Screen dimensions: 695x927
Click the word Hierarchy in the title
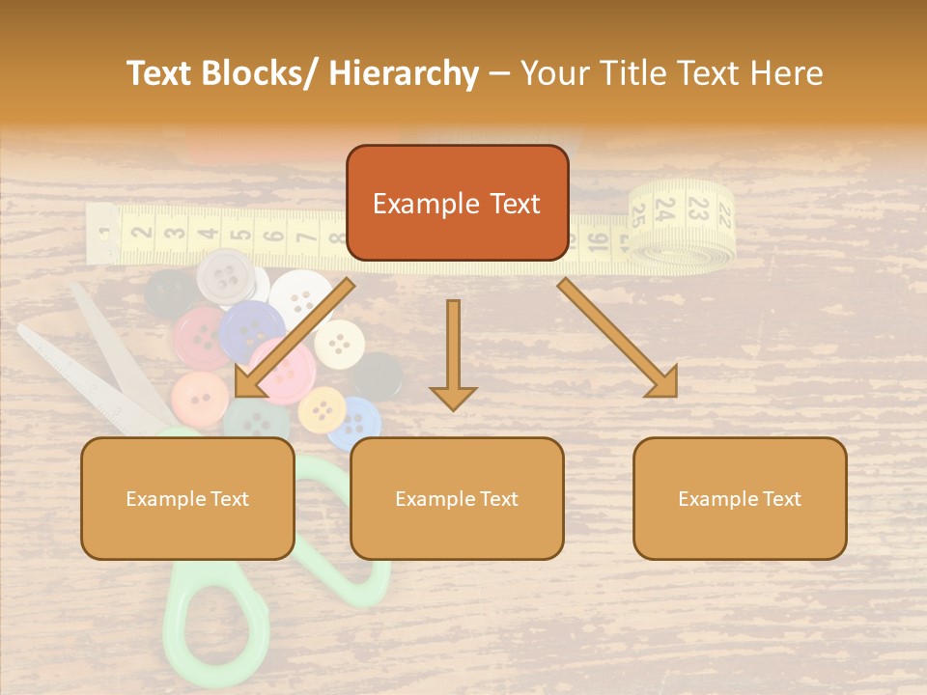point(404,73)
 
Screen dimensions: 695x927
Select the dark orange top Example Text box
point(457,203)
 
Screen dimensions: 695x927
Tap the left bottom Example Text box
point(187,498)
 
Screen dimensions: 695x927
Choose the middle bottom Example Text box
point(457,498)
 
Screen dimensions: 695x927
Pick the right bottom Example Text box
point(740,498)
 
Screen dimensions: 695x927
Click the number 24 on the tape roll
point(665,208)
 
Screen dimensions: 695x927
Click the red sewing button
point(199,333)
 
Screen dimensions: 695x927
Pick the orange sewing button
point(200,397)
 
